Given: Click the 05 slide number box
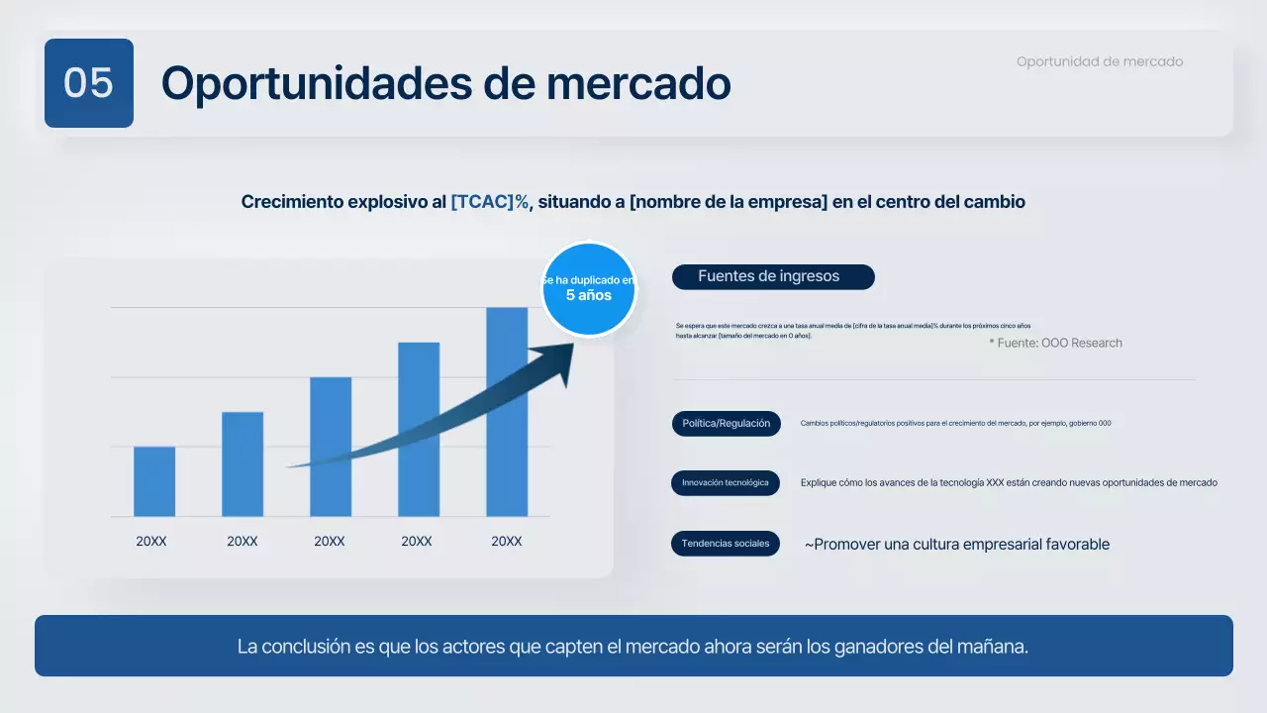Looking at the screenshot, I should click(89, 83).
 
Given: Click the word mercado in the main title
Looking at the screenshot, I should click(638, 83).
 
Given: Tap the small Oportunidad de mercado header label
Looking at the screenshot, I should click(1099, 61).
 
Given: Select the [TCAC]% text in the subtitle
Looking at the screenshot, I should click(490, 202).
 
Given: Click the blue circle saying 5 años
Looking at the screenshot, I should click(589, 289).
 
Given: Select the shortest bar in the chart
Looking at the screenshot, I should click(154, 481).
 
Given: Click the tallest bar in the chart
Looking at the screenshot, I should click(507, 411).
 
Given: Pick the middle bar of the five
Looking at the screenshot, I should click(331, 446).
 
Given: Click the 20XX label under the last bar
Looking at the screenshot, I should click(507, 542).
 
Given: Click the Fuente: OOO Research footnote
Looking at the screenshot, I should click(1055, 343).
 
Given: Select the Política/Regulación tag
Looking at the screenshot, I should click(726, 424).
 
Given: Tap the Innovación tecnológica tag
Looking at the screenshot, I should click(726, 483).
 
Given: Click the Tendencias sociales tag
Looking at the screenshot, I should click(726, 544).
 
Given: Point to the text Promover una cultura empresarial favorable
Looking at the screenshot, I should click(957, 545).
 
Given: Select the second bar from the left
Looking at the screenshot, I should click(243, 463).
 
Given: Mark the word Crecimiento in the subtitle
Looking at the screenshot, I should click(293, 202).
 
